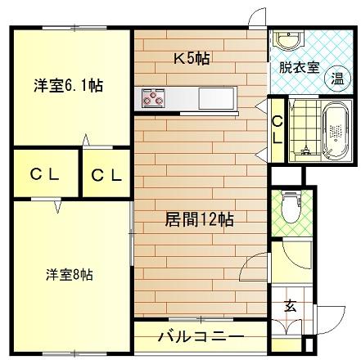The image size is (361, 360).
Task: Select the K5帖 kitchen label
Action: point(190,58)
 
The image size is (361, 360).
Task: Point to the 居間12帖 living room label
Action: point(199,219)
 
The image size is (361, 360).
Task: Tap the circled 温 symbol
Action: point(336,78)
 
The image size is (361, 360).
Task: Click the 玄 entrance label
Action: point(291,307)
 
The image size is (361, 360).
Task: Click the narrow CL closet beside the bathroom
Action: point(277,129)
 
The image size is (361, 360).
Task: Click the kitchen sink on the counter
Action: point(218,97)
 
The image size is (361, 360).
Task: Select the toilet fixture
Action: point(288,209)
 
